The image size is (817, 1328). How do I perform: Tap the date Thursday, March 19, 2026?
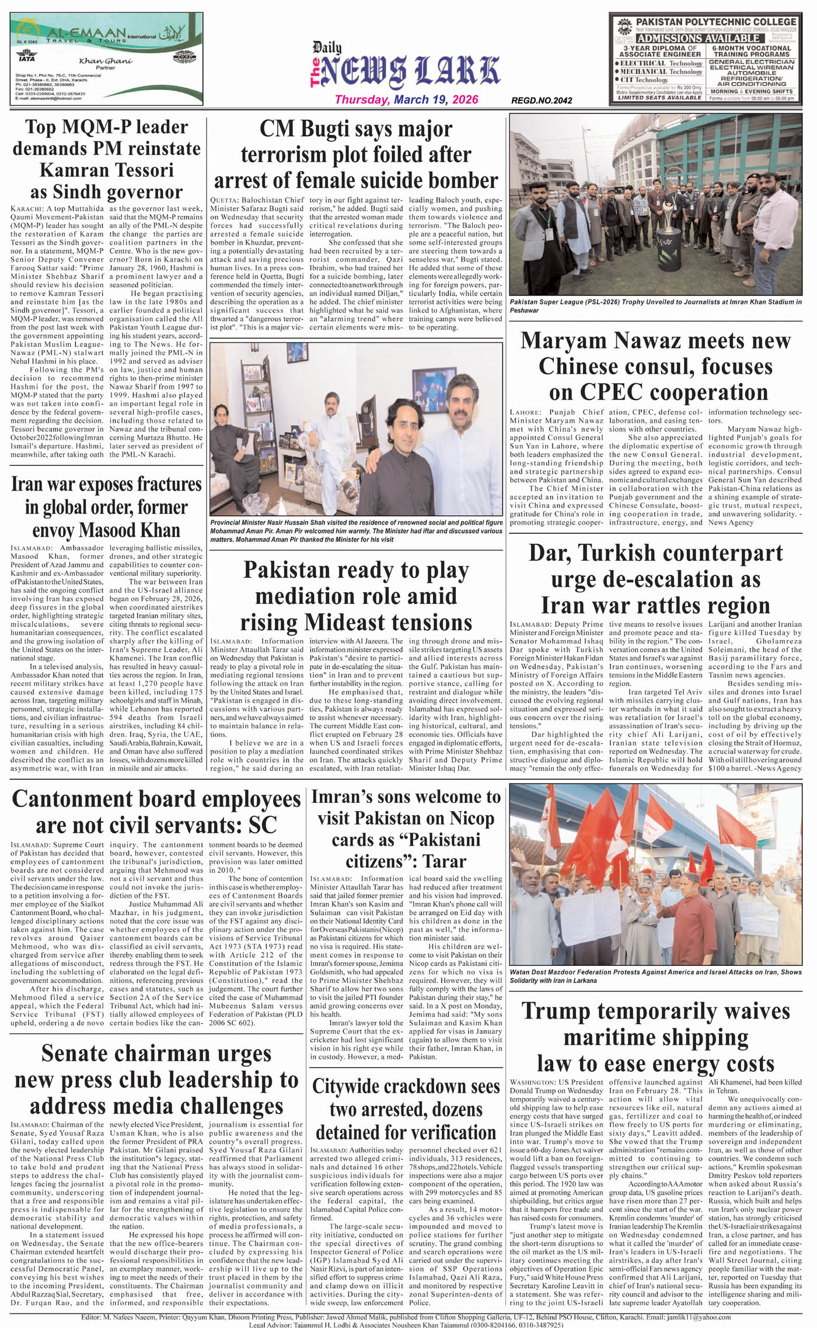tap(406, 100)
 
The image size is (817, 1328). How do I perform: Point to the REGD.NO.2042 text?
tap(542, 100)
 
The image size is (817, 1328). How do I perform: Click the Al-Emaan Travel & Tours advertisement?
tap(107, 59)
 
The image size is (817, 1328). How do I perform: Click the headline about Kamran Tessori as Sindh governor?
tap(106, 159)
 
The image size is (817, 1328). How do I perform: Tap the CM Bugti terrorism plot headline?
tap(355, 154)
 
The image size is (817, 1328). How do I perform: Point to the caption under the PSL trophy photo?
tap(655, 306)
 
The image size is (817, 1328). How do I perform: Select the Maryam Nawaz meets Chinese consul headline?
tap(655, 366)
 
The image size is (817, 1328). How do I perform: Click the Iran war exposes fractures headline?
tap(106, 507)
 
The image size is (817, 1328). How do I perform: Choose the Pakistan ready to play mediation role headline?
tap(356, 596)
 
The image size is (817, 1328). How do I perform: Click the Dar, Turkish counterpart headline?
tap(655, 579)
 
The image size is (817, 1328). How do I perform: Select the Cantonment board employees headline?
tap(156, 812)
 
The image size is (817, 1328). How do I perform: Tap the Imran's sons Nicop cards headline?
tap(406, 829)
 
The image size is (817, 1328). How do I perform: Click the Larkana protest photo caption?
tap(655, 976)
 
